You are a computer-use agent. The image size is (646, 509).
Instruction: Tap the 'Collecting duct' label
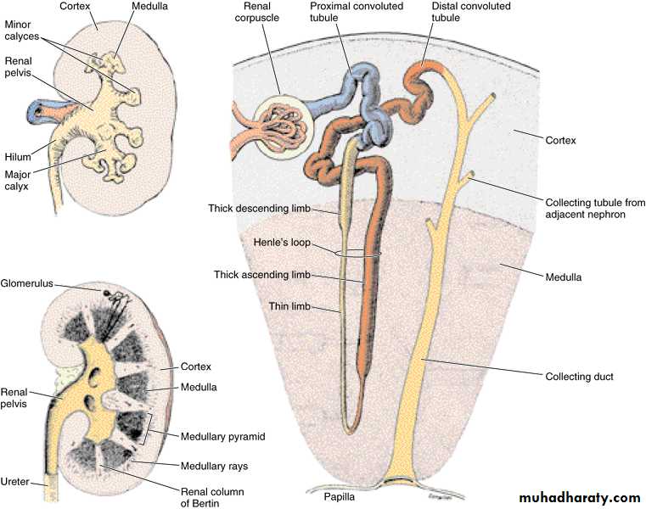pos(578,376)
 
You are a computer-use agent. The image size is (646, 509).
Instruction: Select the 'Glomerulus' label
pos(29,282)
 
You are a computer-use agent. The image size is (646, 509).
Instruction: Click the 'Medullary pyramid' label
pos(222,437)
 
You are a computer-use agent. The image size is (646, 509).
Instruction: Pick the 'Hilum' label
pos(16,156)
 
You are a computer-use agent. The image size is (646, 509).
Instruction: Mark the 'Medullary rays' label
pos(213,466)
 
